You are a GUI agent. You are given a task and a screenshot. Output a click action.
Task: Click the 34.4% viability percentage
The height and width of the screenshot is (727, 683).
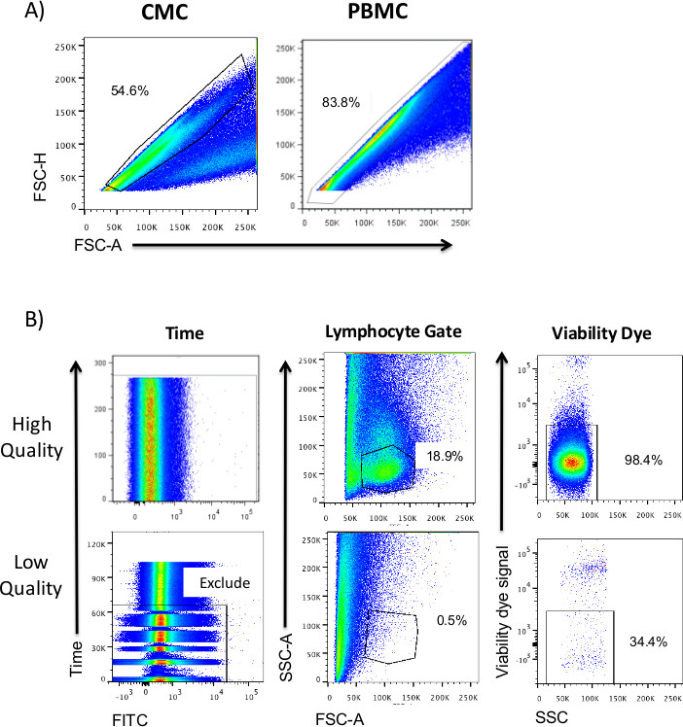(643, 637)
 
